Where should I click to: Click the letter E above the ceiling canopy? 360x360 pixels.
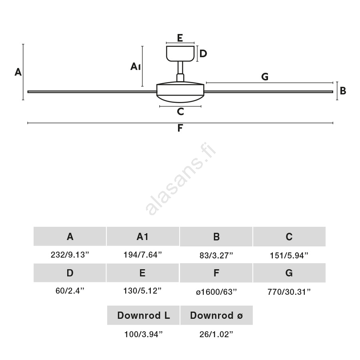[180, 38]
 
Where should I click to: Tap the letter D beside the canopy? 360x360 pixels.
[203, 54]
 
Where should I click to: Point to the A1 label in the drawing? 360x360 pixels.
[136, 66]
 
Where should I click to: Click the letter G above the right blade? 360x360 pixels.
[265, 77]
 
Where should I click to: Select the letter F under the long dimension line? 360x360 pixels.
[180, 128]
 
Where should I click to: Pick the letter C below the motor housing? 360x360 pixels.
[180, 112]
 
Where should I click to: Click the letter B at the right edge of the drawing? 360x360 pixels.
[343, 91]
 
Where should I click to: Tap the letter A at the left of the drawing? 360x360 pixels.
[18, 72]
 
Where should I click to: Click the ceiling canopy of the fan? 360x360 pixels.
[180, 54]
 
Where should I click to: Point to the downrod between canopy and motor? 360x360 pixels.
[180, 71]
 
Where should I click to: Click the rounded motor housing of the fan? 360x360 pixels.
[180, 92]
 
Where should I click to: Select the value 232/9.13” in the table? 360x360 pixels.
[70, 255]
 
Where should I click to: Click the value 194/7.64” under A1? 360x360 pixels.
[143, 255]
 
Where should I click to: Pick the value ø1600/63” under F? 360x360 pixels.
[216, 292]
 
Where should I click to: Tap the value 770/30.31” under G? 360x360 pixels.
[289, 292]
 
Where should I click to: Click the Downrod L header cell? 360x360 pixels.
[143, 315]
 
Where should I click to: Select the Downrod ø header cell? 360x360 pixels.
[216, 315]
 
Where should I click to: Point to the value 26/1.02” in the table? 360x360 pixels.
[216, 334]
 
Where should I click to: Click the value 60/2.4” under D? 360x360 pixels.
[70, 291]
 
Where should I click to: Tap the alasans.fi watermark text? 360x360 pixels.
[181, 178]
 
